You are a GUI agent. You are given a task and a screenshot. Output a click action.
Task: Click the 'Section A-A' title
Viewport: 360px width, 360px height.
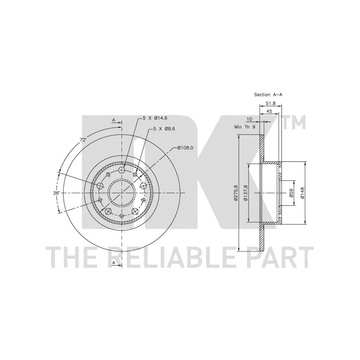point(268,94)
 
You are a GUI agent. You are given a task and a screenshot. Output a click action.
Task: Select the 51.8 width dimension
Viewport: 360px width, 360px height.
point(270,103)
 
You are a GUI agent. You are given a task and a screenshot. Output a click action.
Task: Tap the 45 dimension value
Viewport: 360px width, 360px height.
point(269,111)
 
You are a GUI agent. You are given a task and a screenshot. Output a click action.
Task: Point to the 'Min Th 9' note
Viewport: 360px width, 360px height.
point(244,127)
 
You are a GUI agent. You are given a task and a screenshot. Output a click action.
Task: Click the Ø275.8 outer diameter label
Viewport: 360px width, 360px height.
point(235,193)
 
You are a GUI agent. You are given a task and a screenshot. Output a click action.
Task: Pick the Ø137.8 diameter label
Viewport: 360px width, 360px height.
point(245,193)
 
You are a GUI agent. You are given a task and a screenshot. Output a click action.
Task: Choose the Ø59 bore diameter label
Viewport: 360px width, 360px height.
point(291,193)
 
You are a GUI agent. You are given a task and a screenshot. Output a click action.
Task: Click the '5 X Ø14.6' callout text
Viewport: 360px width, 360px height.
point(155,118)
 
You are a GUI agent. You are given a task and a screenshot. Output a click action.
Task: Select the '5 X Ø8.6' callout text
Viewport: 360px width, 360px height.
point(164,129)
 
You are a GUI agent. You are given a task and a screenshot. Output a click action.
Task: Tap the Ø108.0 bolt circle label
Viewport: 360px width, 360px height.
point(185,148)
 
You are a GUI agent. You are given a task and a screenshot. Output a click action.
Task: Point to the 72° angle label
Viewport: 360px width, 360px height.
point(83,140)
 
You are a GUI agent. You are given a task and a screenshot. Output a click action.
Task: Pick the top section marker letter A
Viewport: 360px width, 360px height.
point(113,120)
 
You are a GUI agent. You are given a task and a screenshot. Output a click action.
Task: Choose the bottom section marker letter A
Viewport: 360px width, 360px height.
point(113,262)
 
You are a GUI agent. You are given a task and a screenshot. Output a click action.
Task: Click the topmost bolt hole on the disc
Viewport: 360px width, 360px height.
point(121,170)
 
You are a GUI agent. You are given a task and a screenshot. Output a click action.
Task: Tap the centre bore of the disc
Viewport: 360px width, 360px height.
point(121,193)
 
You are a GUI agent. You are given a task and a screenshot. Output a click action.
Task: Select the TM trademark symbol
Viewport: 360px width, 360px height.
point(294,122)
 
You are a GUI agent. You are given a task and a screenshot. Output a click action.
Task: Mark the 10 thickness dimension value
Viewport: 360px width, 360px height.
point(249,119)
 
